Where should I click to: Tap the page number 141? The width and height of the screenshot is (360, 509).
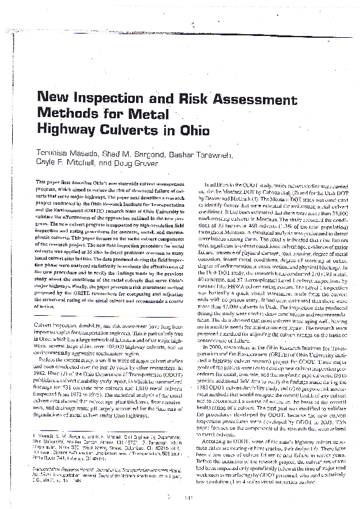[188, 481]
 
